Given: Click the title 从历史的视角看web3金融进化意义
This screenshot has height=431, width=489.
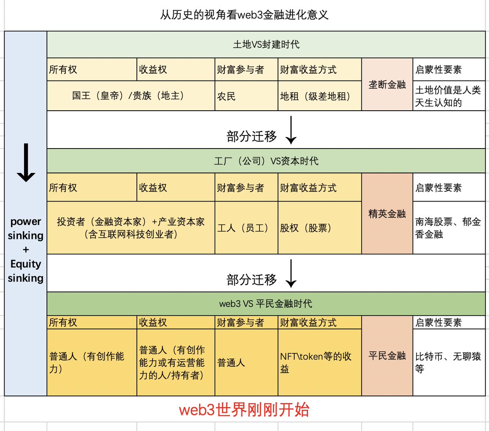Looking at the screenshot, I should [244, 15].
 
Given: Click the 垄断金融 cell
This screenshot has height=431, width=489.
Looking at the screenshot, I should [387, 84].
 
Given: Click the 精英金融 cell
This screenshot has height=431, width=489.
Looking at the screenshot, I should [387, 214].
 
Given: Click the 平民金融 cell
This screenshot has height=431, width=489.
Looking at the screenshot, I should [387, 356].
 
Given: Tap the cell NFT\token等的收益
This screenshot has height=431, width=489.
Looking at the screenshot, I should [316, 362].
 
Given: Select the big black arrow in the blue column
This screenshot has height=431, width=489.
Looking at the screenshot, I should [26, 163].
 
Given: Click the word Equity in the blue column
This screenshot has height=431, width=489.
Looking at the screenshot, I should [26, 264].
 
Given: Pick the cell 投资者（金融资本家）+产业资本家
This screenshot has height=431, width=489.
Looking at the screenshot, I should [130, 228].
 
